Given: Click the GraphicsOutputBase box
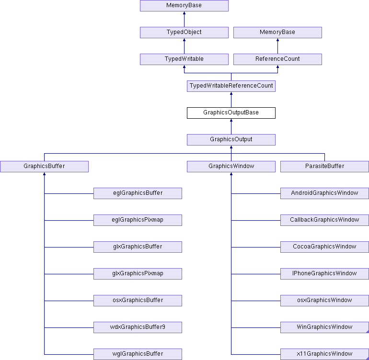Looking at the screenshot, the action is [231, 113].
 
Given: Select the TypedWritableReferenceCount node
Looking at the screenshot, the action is [231, 86].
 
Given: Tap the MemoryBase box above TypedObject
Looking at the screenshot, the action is [184, 6].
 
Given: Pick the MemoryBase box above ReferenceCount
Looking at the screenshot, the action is [277, 33].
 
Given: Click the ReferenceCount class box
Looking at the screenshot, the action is [277, 59].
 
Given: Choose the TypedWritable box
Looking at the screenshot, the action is [184, 59].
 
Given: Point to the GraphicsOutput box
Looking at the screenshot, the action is [231, 140].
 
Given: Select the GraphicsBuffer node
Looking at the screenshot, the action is [44, 167].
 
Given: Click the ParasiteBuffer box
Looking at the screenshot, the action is [324, 167].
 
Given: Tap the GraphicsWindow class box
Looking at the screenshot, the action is [231, 167].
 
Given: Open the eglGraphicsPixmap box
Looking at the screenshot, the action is [138, 220].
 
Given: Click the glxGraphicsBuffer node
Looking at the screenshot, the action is [138, 247].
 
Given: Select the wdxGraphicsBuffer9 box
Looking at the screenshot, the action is [138, 327].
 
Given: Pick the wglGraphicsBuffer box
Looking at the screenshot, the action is [138, 354].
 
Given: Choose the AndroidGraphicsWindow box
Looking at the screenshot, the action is [324, 193].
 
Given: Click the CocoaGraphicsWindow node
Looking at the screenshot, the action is [324, 247].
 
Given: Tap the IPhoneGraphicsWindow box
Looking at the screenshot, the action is [324, 274].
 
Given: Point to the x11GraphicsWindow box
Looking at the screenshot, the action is [324, 354].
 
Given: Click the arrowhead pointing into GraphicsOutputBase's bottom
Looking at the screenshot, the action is [231, 120].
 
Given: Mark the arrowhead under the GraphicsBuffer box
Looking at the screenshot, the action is [44, 174].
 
